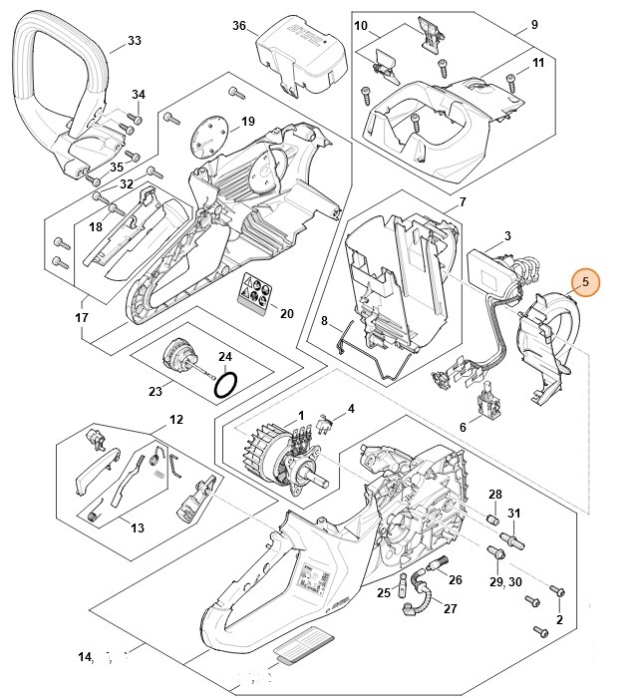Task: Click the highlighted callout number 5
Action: (586, 283)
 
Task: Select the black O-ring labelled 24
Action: (227, 385)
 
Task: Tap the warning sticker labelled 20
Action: (253, 293)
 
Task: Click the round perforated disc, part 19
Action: (210, 135)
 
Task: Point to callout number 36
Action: (239, 25)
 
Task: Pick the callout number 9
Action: (534, 25)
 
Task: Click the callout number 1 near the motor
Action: (301, 415)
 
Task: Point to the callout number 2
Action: (560, 620)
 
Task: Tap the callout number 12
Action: (175, 419)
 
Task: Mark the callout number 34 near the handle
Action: (139, 95)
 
